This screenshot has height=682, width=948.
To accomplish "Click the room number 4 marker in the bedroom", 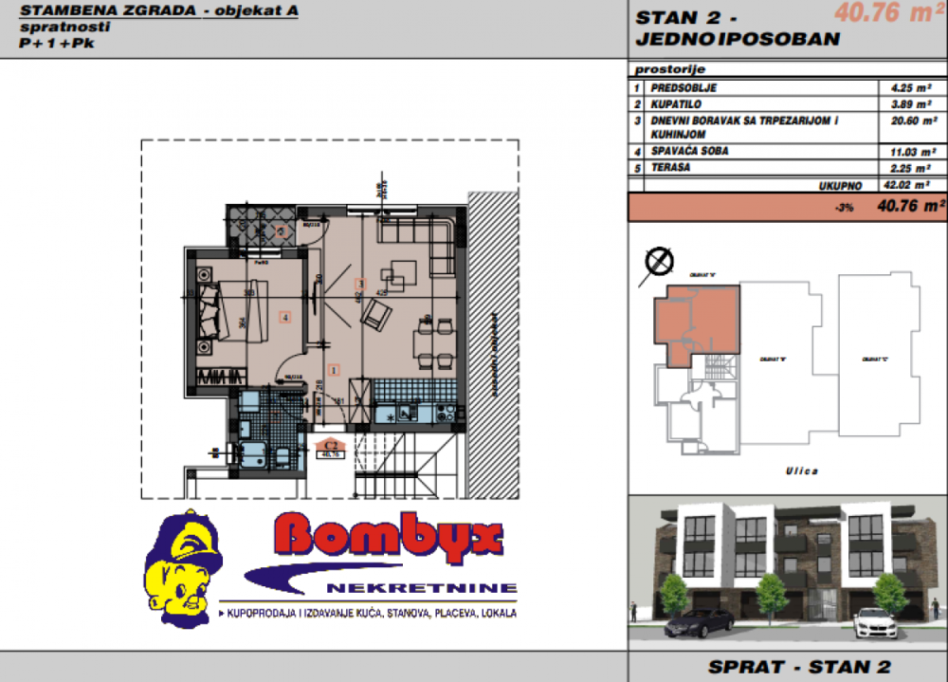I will point(283,317).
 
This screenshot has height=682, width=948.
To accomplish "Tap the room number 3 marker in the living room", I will point(360,284).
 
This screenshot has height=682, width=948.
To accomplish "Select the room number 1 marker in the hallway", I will point(334,369).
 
